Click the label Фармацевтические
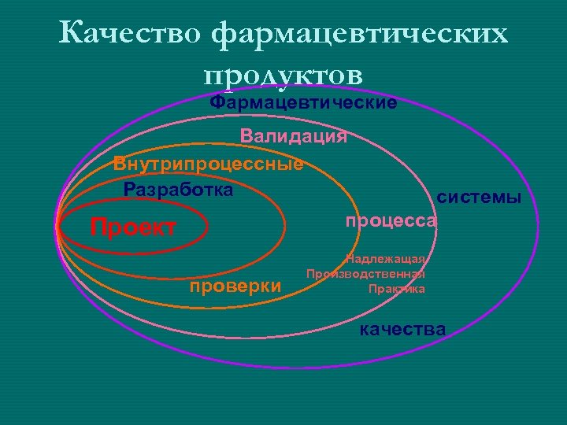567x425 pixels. [303, 103]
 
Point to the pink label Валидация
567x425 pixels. [294, 136]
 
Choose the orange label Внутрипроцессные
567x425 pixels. [208, 164]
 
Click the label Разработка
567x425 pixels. [179, 190]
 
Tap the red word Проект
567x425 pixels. [133, 228]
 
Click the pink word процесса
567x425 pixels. [391, 221]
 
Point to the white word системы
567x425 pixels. [480, 198]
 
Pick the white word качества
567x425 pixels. [402, 329]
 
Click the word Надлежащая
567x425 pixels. [386, 260]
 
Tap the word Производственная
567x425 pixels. [365, 274]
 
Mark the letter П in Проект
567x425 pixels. [98, 228]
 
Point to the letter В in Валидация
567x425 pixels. [247, 136]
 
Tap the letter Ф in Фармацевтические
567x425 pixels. [217, 103]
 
